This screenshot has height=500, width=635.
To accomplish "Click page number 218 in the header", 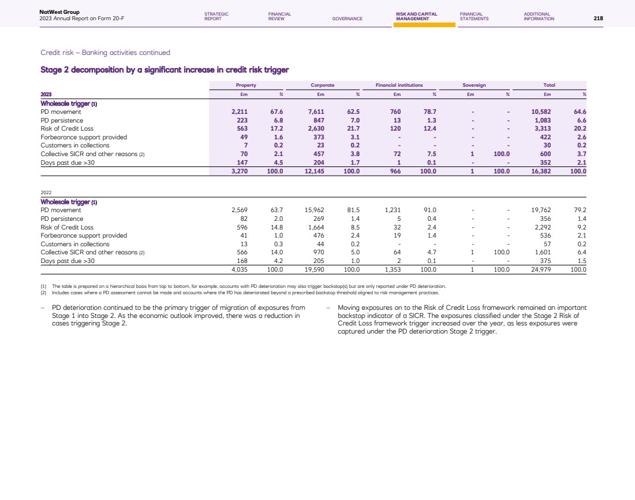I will (x=598, y=18).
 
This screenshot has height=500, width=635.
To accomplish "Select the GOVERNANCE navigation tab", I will (x=347, y=18).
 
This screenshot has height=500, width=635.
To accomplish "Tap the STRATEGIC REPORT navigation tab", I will (x=216, y=16).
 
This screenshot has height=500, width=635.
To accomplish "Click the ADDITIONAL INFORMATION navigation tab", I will (x=539, y=16).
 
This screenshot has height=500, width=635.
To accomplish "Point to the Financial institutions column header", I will (x=399, y=85).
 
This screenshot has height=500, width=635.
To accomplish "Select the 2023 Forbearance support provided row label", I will (x=84, y=137).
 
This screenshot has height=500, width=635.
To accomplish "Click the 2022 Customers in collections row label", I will (x=75, y=244).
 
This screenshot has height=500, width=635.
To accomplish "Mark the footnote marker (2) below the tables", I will (x=43, y=292).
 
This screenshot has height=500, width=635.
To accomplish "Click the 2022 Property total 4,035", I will (x=239, y=269).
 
